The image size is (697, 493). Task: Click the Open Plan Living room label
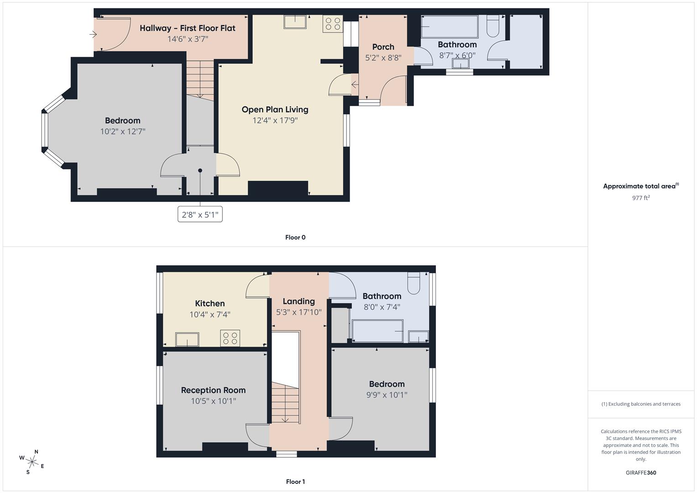(275, 110)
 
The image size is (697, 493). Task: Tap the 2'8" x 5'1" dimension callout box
(200, 215)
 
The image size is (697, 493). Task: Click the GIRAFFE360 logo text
(640, 472)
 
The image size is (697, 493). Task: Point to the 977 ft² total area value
(640, 198)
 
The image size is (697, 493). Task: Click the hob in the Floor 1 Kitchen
(230, 338)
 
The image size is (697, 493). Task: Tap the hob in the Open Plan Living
(333, 24)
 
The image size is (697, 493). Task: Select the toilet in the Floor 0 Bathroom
(493, 26)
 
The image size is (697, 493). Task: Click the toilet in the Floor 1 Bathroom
(414, 283)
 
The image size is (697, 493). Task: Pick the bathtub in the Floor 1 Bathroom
(377, 330)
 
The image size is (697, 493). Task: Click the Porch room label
(383, 47)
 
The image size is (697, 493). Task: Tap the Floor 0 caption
(295, 237)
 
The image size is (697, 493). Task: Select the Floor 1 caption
(295, 482)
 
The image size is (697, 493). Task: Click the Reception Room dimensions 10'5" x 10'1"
(213, 401)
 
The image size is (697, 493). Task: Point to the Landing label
(299, 301)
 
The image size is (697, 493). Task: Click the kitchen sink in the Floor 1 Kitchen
(187, 339)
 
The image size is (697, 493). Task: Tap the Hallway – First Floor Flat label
(188, 28)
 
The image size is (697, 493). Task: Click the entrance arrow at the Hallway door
(94, 34)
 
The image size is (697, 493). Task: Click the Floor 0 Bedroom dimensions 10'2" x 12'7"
(122, 131)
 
